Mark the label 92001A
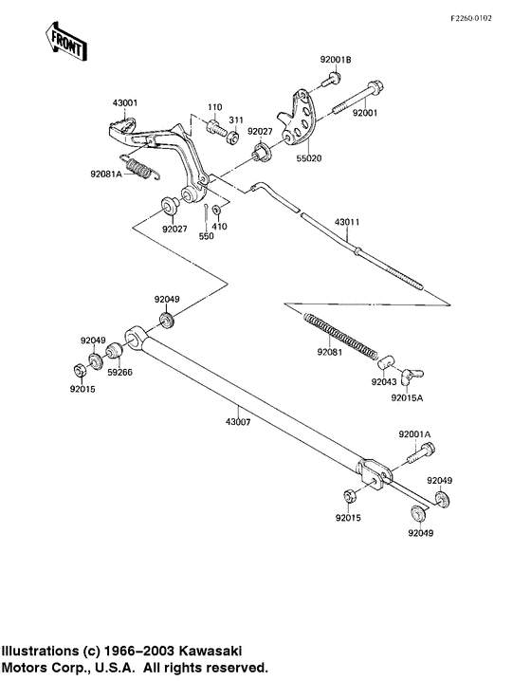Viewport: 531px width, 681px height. [x=414, y=433]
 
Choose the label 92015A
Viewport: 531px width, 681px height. [x=409, y=398]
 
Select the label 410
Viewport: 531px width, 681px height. [x=221, y=228]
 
